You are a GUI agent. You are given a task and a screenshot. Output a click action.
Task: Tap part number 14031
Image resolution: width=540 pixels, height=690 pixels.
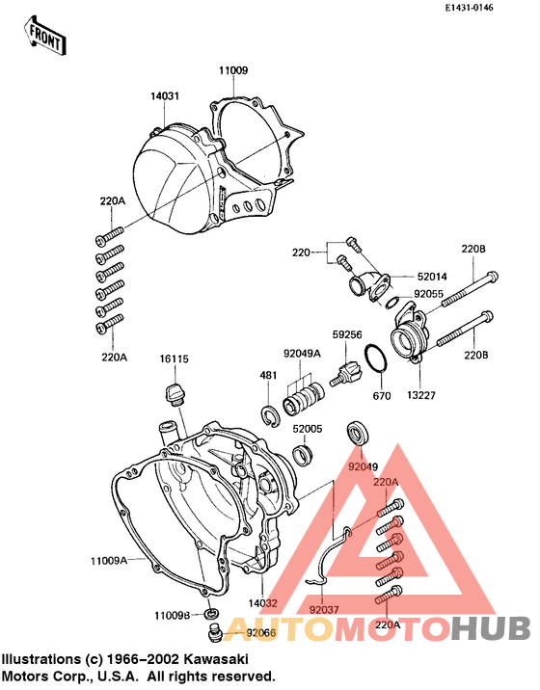(x=164, y=96)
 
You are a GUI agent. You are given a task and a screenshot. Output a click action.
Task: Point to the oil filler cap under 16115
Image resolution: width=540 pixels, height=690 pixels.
(x=175, y=393)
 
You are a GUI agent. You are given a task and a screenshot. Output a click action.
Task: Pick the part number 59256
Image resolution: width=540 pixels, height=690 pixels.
(x=347, y=335)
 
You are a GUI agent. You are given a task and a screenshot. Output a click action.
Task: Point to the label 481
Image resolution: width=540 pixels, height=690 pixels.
(x=269, y=374)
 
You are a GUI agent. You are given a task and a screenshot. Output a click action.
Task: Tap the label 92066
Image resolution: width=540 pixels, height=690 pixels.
(x=261, y=633)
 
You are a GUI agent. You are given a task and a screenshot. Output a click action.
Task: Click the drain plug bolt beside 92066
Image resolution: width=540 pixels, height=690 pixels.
(x=216, y=632)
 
